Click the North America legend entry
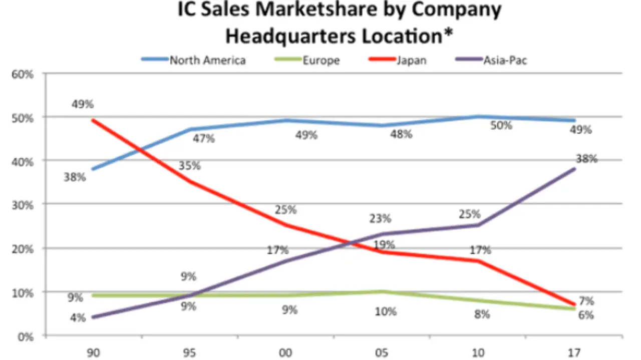tap(207, 61)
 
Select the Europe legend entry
tap(321, 61)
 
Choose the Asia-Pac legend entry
tap(505, 61)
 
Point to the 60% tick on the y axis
tap(24, 74)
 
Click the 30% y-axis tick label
tap(24, 205)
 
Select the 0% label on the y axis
tap(26, 336)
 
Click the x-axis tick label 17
tap(574, 352)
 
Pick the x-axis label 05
tap(382, 352)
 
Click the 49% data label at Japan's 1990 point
tap(82, 105)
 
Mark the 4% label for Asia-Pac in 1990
tap(77, 317)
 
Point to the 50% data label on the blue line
tap(501, 126)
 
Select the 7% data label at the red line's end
tap(586, 301)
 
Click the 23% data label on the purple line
tap(381, 218)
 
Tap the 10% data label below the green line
tap(386, 311)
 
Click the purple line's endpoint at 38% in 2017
tap(574, 169)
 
